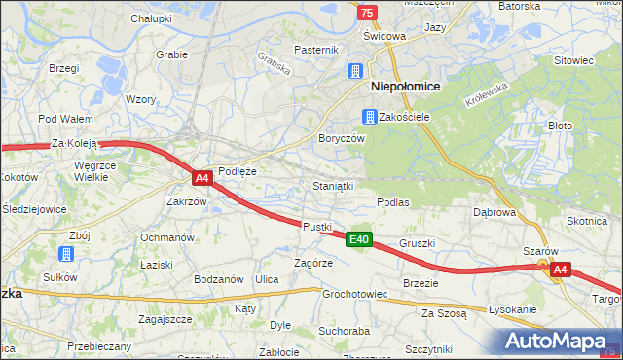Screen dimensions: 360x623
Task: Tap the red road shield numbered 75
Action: (x=366, y=12)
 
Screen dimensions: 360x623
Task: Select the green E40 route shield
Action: (x=358, y=239)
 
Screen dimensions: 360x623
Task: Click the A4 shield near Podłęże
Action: (x=202, y=178)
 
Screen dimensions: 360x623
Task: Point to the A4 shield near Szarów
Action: (x=559, y=270)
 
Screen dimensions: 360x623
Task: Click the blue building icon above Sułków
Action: (x=65, y=255)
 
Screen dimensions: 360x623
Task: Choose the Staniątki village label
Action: (x=332, y=184)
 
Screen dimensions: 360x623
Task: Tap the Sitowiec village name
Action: (x=573, y=60)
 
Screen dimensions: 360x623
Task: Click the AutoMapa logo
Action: (x=562, y=340)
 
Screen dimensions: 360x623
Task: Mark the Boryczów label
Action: (x=341, y=139)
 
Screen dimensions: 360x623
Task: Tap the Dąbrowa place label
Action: (x=494, y=211)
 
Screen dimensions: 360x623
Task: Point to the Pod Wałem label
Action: (x=58, y=119)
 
